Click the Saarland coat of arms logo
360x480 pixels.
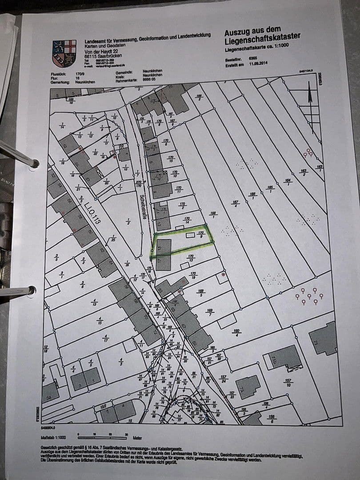[x=64, y=53]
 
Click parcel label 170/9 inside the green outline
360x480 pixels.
[x=201, y=234]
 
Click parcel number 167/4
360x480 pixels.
[x=236, y=203]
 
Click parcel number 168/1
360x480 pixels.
[x=213, y=214]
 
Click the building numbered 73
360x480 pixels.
[x=248, y=386]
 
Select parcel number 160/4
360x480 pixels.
[x=236, y=332]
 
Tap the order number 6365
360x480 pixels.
[x=253, y=58]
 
